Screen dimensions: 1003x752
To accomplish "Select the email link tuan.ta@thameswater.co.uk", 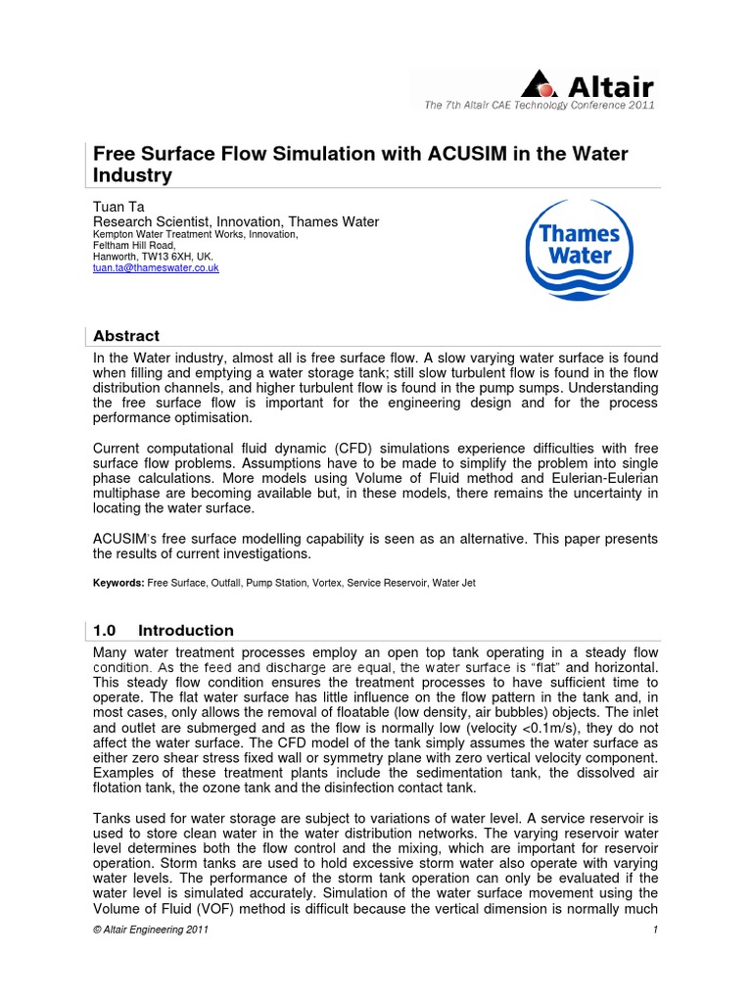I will pos(156,267).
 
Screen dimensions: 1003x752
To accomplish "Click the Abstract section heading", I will pos(126,336).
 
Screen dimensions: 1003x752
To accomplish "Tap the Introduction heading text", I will pos(186,630).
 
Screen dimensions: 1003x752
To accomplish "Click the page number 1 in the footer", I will pos(653,930).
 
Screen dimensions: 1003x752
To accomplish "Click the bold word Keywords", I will pos(117,583).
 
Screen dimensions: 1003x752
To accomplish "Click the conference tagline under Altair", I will pos(539,105).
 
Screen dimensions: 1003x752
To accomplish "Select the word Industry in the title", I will pos(132,176).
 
